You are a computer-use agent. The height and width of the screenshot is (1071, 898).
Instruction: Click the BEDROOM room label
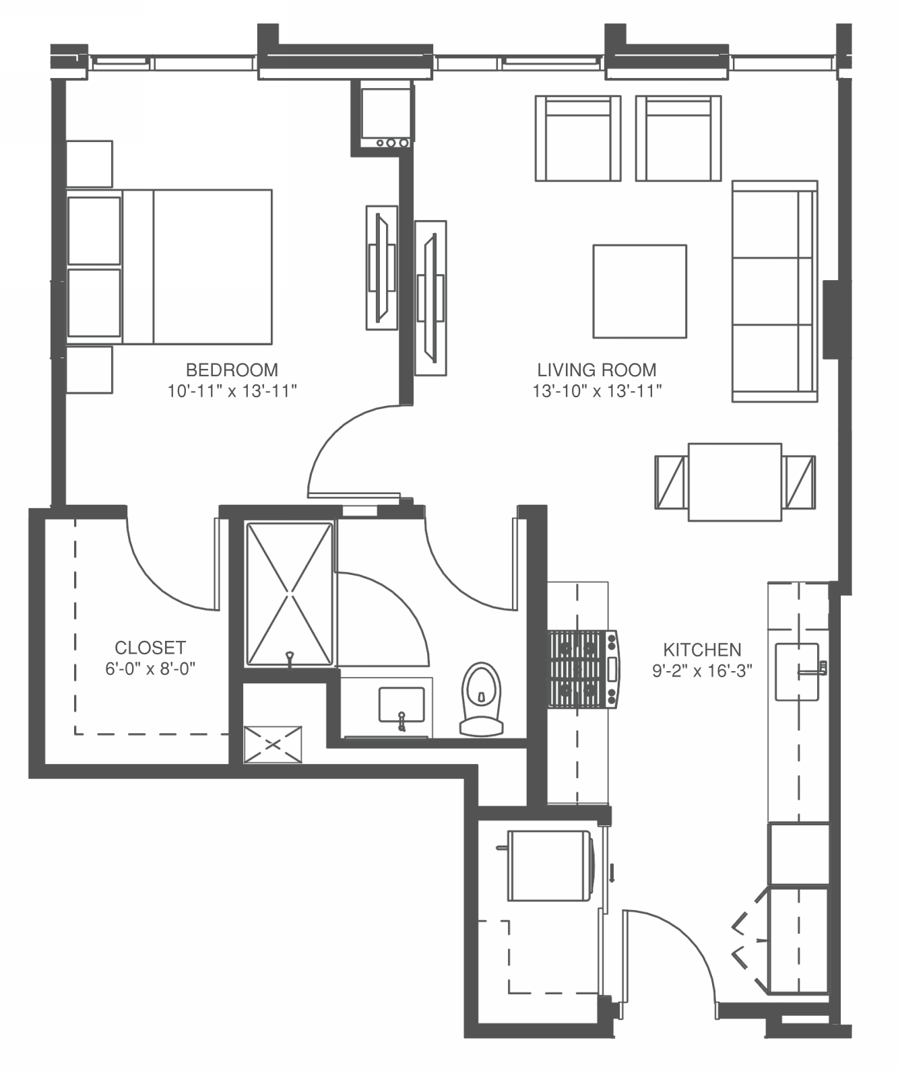(232, 370)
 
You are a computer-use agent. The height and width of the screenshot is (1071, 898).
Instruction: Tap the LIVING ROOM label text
(597, 370)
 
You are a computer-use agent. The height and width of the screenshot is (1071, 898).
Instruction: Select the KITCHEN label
(702, 650)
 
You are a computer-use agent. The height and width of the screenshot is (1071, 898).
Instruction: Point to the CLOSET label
(150, 648)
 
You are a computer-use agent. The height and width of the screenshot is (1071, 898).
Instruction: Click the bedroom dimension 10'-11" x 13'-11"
(232, 391)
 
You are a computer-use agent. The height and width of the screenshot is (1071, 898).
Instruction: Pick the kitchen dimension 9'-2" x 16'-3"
(702, 671)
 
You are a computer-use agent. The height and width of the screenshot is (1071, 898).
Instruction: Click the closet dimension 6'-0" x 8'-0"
(150, 669)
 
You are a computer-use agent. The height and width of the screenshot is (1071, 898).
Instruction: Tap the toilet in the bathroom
(481, 699)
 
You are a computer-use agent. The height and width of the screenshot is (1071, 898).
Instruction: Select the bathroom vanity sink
(402, 705)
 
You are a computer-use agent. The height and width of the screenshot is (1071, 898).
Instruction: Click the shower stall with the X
(290, 594)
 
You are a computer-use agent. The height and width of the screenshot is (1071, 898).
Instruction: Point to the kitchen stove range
(584, 669)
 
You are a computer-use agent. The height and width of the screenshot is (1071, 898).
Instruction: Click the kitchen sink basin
(797, 672)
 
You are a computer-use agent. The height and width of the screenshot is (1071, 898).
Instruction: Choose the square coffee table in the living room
(640, 291)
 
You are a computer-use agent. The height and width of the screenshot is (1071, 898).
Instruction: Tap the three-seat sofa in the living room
(775, 291)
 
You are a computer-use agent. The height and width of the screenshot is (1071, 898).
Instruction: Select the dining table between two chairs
(735, 482)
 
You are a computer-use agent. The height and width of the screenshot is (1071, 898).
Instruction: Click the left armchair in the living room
(578, 138)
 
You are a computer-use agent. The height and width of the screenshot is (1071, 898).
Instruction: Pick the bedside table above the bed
(90, 164)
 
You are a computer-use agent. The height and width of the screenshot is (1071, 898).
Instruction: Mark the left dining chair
(671, 482)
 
